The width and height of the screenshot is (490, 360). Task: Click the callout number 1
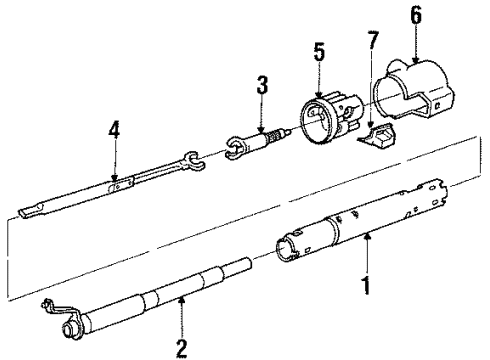[x=367, y=285]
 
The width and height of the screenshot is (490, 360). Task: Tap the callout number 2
[x=182, y=348]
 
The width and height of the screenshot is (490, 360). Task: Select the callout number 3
[x=262, y=85]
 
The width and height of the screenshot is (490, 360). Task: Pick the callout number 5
[x=319, y=52]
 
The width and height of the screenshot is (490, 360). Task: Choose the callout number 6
[x=416, y=15]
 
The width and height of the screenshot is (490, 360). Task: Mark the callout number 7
[x=373, y=40]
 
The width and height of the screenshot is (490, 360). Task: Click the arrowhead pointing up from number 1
[x=367, y=236]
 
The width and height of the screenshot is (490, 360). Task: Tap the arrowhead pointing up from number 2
[x=182, y=300]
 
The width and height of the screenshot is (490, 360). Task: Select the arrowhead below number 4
[x=114, y=178]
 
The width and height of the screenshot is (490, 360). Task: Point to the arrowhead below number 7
[x=370, y=125]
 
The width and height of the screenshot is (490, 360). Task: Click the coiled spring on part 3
[x=273, y=137]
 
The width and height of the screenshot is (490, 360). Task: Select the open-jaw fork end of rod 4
[x=194, y=161]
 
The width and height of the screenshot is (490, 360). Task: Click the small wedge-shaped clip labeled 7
[x=376, y=135]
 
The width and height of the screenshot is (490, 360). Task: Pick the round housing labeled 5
[x=329, y=117]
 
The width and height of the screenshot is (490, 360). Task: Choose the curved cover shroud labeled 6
[x=413, y=90]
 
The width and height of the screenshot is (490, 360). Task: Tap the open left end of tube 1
[x=284, y=248]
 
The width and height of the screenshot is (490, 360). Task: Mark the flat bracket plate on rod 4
[x=121, y=184]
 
